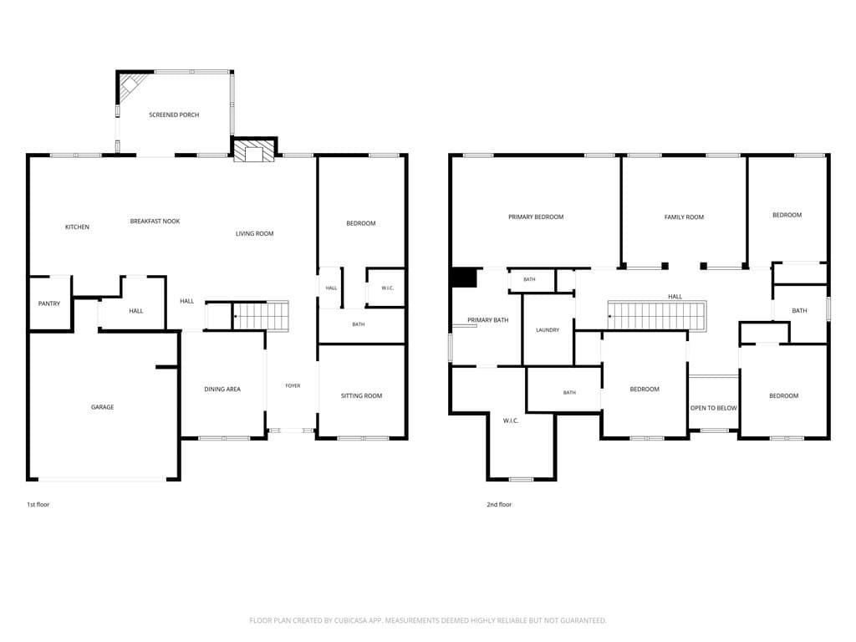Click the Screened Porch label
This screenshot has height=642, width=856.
(174, 115)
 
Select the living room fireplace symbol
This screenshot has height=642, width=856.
(254, 152)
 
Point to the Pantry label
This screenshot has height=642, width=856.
(49, 303)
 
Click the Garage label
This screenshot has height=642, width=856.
(103, 407)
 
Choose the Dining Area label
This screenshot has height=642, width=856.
(222, 390)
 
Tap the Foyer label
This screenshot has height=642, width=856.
(293, 385)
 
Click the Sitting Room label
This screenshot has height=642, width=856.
(361, 395)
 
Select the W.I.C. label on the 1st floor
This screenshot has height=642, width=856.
(388, 288)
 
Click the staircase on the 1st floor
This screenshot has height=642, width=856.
(261, 315)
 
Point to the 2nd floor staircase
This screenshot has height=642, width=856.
(657, 315)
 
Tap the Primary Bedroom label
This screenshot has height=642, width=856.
(536, 217)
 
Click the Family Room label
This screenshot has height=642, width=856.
(684, 217)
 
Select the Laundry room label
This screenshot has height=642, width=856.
(548, 329)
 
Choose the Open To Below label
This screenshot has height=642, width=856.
(714, 408)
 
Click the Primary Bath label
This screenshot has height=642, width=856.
(488, 320)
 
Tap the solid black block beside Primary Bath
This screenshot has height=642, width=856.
(464, 278)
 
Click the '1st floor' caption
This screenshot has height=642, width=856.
(38, 504)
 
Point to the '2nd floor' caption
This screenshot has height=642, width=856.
(500, 504)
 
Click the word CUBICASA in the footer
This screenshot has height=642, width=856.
(357, 620)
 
